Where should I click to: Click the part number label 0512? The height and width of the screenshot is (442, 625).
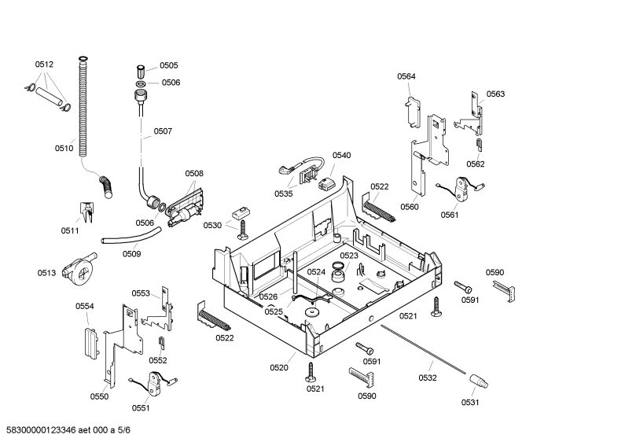(x=44, y=64)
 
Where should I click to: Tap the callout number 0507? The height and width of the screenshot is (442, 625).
(x=163, y=131)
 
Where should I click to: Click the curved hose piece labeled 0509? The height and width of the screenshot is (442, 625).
(x=131, y=236)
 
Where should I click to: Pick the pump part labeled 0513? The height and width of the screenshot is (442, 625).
(x=79, y=269)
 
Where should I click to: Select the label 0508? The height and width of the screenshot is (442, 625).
(x=194, y=173)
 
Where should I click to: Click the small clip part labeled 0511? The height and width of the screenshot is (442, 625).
(x=87, y=212)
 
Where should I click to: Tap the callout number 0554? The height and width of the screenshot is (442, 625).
(x=85, y=306)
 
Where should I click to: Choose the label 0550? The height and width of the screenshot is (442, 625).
(x=99, y=396)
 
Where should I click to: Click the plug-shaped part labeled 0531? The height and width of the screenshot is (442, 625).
(x=478, y=381)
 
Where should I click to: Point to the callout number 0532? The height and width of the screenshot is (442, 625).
(x=428, y=378)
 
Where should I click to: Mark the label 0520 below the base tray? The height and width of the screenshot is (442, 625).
(x=279, y=367)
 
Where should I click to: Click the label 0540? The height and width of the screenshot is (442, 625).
(x=342, y=155)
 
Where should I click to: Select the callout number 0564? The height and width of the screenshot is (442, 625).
(x=406, y=76)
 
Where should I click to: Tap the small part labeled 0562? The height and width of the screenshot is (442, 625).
(x=479, y=145)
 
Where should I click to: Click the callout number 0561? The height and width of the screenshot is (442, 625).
(x=450, y=215)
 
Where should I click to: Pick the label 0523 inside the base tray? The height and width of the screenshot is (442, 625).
(x=349, y=256)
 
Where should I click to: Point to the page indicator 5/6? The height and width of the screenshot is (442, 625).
(x=124, y=429)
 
